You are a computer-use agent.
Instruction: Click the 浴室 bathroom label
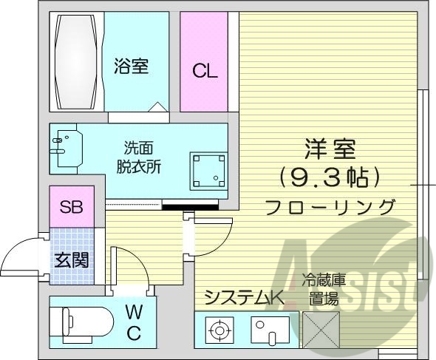(132, 67)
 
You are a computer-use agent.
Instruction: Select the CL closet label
(205, 72)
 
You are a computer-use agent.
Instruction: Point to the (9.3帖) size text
(330, 177)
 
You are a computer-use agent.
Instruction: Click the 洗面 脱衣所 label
(142, 156)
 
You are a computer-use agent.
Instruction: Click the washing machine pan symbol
(208, 169)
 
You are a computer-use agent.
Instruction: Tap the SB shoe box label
(71, 207)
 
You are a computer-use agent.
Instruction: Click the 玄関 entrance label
(71, 259)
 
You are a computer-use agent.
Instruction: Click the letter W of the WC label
(133, 310)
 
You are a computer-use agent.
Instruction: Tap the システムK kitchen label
(244, 298)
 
